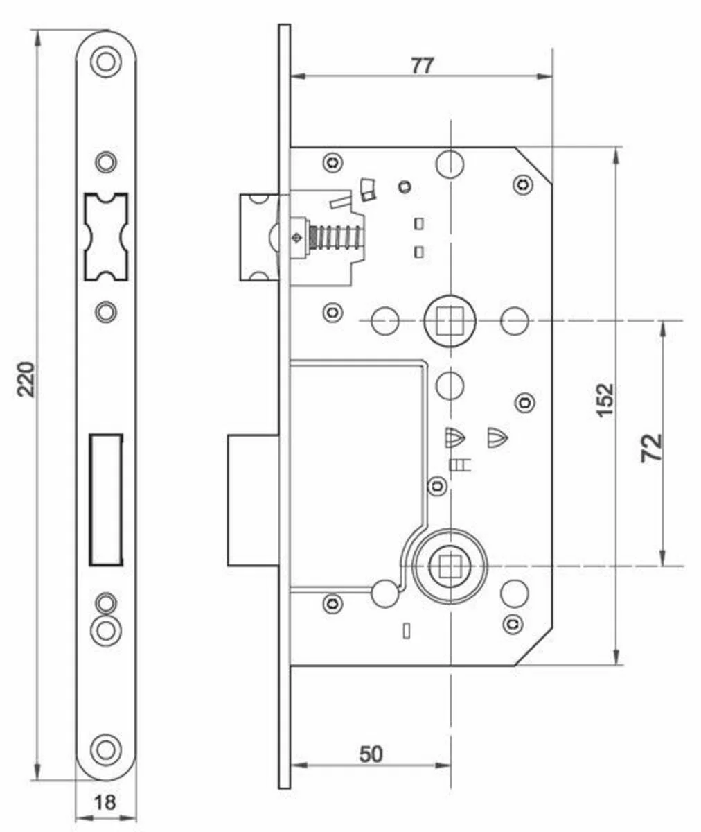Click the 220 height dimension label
(27, 379)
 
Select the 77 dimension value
(423, 66)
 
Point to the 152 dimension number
(605, 400)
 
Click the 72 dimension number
(652, 447)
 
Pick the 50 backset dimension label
(371, 754)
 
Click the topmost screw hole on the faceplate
(106, 62)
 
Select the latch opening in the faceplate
(106, 236)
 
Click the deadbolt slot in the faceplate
(106, 500)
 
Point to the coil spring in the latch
(335, 238)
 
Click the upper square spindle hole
(450, 321)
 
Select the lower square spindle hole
(450, 566)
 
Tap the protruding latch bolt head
(259, 238)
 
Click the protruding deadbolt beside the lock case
(253, 500)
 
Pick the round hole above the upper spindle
(450, 164)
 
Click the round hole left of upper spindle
(385, 321)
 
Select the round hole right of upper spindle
(514, 321)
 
